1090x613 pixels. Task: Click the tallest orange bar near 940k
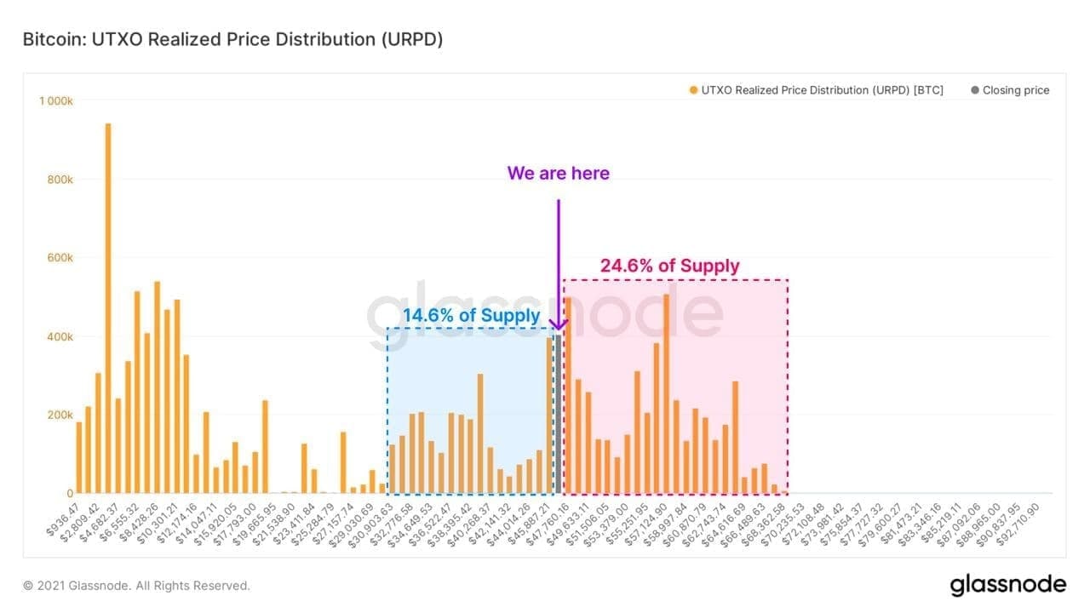coord(108,308)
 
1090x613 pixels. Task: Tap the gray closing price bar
coord(559,414)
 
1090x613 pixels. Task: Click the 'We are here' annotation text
coord(558,173)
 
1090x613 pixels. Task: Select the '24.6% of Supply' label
coord(669,266)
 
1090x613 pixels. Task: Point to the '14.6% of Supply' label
coord(471,315)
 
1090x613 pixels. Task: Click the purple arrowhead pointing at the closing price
coord(559,324)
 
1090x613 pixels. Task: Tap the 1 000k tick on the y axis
coord(56,101)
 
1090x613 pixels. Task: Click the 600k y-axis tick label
coord(60,258)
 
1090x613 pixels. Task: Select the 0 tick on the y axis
coord(70,493)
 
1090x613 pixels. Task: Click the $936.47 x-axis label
coord(63,519)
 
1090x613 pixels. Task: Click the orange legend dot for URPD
coord(693,90)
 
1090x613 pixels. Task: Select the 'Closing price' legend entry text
coord(1016,90)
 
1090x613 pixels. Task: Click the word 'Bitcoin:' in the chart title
coord(54,39)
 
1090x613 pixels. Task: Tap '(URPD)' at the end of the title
coord(412,39)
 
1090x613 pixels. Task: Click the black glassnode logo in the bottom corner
coord(1007,585)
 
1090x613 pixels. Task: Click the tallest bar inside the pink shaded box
coord(666,394)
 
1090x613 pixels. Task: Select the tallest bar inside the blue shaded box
coord(549,415)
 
